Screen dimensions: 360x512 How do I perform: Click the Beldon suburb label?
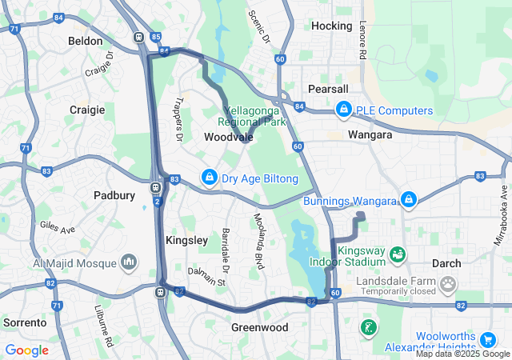[x=86, y=41]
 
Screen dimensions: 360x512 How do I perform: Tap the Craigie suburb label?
[x=87, y=110]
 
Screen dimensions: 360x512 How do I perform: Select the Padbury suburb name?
[x=114, y=194]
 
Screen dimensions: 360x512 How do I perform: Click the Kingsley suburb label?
[x=186, y=240]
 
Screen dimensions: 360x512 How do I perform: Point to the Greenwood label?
[x=259, y=328]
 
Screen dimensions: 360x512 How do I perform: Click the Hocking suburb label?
[x=331, y=26]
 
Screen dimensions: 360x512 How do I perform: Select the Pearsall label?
[x=329, y=89]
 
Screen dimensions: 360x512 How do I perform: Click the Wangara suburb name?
[x=370, y=135]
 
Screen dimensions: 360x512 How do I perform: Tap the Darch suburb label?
[x=446, y=263]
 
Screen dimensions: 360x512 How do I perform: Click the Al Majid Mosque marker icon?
[x=129, y=262]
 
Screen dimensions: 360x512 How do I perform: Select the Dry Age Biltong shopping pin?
[x=209, y=178]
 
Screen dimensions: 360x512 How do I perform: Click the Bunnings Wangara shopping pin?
[x=408, y=199]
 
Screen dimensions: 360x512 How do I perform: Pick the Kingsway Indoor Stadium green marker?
[x=397, y=255]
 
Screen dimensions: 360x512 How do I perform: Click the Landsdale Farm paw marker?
[x=447, y=282]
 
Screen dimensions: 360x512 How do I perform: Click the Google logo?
[x=26, y=350]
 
